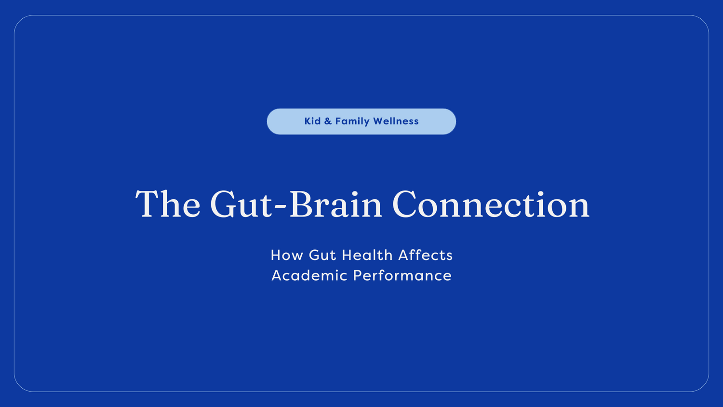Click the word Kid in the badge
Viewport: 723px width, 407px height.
coord(312,121)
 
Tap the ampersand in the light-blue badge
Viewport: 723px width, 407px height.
coord(328,121)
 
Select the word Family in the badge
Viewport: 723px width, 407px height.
coord(352,122)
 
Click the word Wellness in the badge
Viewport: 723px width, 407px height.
coord(396,121)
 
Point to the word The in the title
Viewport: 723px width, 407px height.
coord(168,204)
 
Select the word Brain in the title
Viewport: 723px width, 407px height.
coord(335,204)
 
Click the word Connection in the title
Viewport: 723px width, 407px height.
coord(491,204)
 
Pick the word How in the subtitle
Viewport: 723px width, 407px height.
coord(286,255)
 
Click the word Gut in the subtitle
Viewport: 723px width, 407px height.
coord(322,255)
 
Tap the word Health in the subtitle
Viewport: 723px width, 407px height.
coord(367,255)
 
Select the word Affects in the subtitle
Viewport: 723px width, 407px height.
coord(426,255)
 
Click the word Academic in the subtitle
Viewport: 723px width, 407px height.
coord(309,275)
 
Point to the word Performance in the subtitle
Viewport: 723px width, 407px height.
coord(402,275)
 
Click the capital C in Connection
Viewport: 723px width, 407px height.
coord(406,204)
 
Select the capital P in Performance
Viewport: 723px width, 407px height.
coord(358,275)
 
